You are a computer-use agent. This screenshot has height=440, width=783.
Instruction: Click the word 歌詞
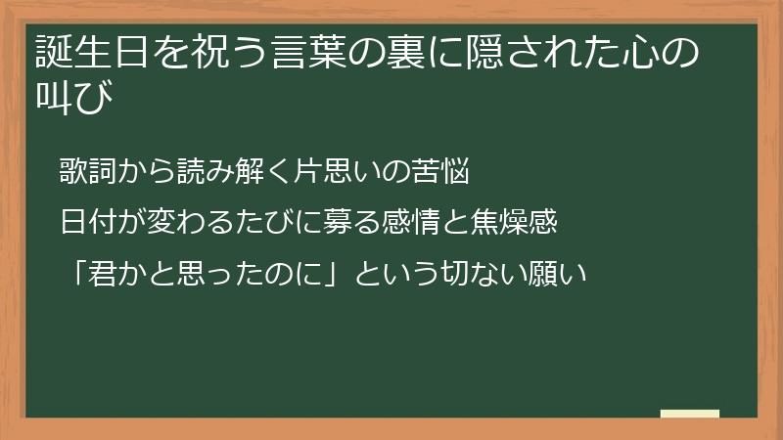(x=85, y=174)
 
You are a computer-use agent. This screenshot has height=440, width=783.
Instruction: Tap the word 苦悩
(x=446, y=174)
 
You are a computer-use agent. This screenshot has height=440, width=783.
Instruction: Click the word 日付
(x=85, y=223)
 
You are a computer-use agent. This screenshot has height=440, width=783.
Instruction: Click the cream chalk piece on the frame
(x=690, y=415)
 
